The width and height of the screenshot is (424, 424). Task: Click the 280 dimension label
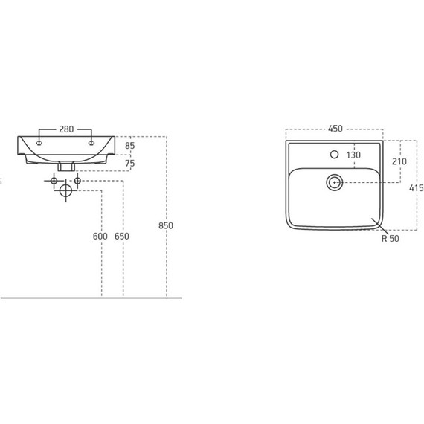66,129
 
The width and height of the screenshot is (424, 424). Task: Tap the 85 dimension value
129,146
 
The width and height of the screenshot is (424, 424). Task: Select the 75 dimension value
129,164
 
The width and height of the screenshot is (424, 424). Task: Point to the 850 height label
166,225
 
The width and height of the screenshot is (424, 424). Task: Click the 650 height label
122,236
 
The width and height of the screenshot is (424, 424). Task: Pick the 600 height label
100,236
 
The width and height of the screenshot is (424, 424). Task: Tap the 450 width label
335,129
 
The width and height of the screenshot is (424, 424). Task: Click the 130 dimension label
353,155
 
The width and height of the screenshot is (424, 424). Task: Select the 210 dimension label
399,161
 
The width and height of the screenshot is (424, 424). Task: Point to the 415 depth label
417,187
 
